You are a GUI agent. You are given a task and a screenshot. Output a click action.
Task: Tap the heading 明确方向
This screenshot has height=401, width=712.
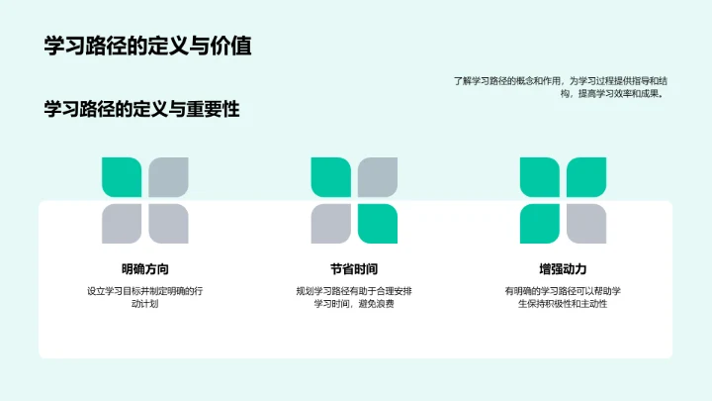click(144, 268)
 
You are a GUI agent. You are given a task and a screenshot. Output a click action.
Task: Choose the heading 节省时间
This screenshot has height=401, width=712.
click(354, 268)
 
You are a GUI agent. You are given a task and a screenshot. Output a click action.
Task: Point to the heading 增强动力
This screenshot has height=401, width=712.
click(563, 268)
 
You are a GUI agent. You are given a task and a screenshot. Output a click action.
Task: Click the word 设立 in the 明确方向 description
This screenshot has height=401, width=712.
click(95, 291)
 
